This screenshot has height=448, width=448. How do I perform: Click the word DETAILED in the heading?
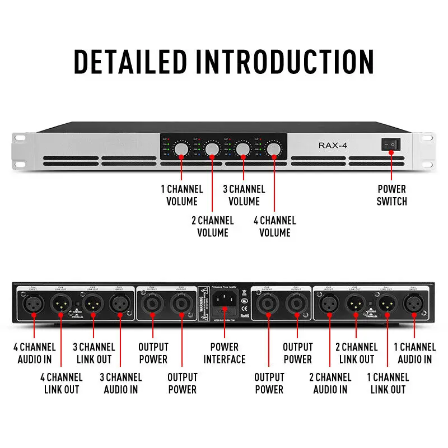(130, 61)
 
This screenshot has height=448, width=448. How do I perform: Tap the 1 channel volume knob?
(181, 148)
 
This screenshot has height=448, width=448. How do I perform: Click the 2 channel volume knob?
(212, 148)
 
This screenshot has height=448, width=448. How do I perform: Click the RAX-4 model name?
(334, 145)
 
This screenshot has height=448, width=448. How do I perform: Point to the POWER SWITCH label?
(392, 195)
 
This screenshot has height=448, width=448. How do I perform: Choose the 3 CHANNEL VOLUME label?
(244, 195)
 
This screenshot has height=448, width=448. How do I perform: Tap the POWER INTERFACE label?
(224, 353)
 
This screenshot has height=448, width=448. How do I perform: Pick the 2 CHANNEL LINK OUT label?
(356, 353)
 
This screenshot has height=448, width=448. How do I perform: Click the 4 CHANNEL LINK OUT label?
(62, 383)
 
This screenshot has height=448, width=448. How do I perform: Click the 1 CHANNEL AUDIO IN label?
(415, 353)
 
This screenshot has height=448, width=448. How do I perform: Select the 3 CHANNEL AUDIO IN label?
(121, 383)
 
